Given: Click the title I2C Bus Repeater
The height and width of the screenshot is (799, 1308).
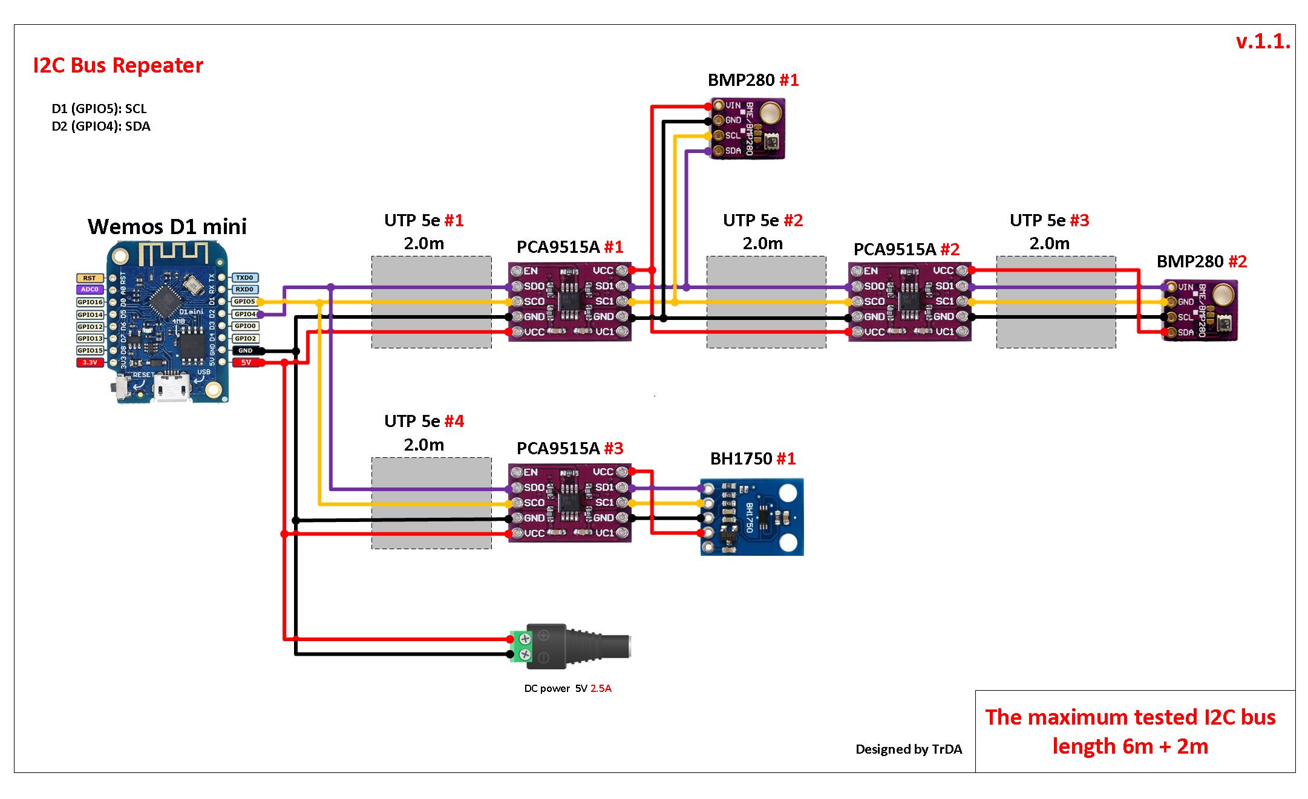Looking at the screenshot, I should click(x=118, y=65).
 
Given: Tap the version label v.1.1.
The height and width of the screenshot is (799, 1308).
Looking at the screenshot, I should click(x=1263, y=41).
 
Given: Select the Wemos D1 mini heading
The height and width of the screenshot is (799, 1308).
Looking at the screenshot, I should click(x=167, y=227).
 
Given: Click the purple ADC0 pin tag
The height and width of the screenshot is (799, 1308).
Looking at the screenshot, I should click(x=90, y=290).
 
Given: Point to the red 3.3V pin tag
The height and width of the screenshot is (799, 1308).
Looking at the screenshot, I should click(x=90, y=362).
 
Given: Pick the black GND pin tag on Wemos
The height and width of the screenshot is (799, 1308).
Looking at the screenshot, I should click(x=245, y=351).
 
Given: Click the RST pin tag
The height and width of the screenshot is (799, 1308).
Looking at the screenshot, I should click(x=90, y=278).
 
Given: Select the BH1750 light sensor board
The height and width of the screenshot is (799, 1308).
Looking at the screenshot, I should click(x=752, y=517).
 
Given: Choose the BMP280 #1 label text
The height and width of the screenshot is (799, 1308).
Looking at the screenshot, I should click(x=753, y=80).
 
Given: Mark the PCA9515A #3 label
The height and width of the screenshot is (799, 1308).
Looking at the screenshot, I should click(x=569, y=448).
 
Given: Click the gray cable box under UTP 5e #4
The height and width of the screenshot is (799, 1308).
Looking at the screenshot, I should click(x=431, y=503).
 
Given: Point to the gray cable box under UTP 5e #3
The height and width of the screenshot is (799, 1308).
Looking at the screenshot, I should click(x=1056, y=302).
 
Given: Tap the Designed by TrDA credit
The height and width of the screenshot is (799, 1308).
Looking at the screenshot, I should click(x=908, y=749).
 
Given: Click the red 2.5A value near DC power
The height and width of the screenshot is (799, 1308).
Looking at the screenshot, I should click(x=601, y=688).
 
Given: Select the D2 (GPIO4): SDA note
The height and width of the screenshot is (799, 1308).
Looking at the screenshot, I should click(x=101, y=126).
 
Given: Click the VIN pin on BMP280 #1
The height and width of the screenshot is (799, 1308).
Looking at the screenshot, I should click(x=719, y=105).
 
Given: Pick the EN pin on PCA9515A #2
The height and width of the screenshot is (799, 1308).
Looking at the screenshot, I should click(x=857, y=271).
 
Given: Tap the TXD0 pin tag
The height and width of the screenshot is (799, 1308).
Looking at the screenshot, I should click(x=245, y=278).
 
